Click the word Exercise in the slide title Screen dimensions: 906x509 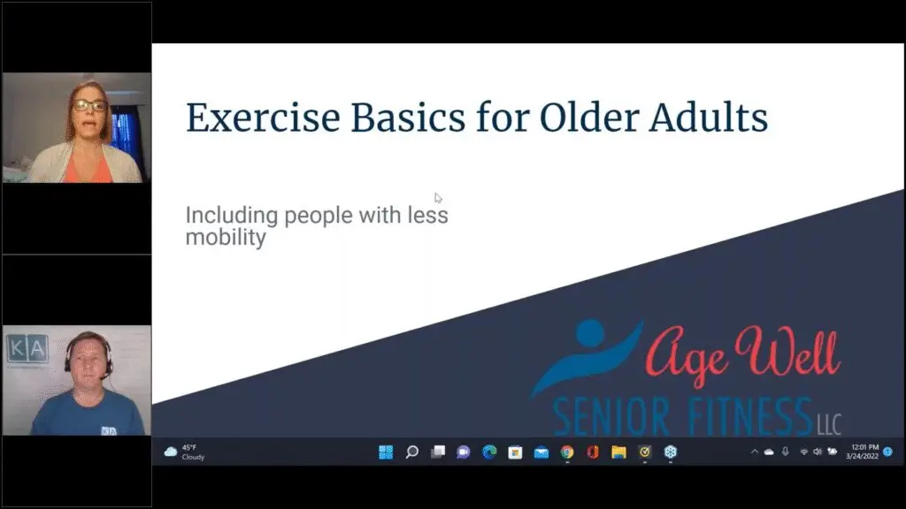point(263,118)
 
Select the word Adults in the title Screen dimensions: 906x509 point(709,118)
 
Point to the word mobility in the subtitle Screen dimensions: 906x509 point(226,238)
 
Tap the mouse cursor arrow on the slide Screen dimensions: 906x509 point(438,198)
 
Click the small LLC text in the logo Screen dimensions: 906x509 point(828,425)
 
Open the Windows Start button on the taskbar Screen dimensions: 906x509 point(386,452)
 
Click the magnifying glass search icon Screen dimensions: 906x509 point(412,452)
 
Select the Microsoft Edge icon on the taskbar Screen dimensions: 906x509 point(489,452)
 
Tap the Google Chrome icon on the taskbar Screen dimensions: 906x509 point(567,452)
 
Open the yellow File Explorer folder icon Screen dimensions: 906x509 point(618,452)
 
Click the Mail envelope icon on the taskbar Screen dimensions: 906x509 point(541,452)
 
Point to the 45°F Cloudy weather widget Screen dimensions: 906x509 point(184,452)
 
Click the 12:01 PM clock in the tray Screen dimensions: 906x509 point(864,447)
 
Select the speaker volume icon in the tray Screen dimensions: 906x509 point(817,452)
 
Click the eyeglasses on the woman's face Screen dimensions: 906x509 point(89,106)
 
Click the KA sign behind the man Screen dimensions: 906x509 point(27,348)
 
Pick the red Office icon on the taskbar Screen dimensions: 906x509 point(593,452)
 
